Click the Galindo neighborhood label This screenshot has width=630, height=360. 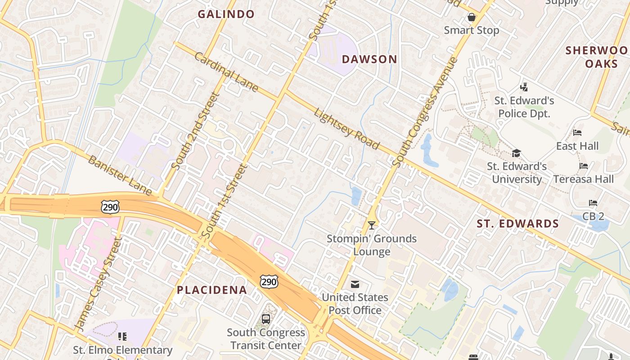point(226,14)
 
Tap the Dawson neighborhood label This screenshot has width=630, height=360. point(369,59)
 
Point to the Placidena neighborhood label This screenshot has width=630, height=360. point(212,290)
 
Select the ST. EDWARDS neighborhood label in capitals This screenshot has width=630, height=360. point(518,224)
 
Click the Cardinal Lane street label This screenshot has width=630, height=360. point(226,72)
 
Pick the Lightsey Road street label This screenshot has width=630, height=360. point(346,128)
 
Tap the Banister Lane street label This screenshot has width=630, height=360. point(120,175)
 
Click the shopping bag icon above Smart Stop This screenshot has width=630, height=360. point(472,18)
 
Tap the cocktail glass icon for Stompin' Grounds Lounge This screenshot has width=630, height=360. point(372,225)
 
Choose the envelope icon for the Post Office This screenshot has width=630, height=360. point(355,284)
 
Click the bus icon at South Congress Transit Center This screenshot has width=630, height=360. point(266,319)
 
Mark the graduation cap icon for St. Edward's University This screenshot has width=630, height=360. point(516,153)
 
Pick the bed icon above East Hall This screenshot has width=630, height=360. point(577,133)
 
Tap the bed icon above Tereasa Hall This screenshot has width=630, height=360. point(584,166)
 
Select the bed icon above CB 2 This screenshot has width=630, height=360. point(593,203)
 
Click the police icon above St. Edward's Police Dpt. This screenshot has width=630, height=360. point(524,86)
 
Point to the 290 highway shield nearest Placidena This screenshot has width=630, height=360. point(269,282)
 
